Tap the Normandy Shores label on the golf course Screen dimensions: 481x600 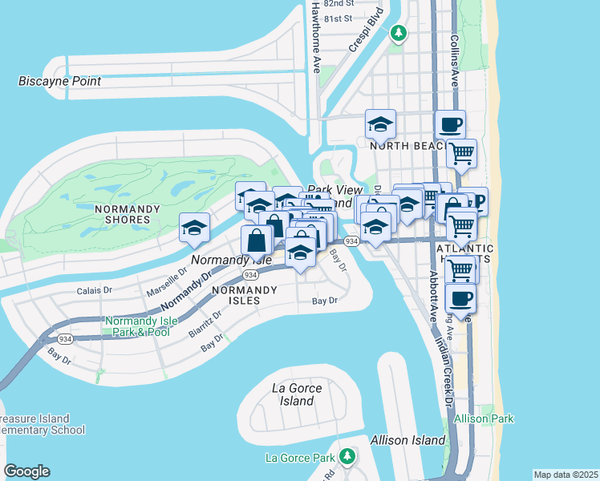point(122,213)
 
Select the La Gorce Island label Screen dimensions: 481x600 point(297,394)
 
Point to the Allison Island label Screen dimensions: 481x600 point(407,440)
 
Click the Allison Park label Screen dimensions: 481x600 point(483,418)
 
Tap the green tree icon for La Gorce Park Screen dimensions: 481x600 point(347,457)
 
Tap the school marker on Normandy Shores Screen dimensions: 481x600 point(194,228)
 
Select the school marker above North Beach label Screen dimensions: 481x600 point(380,124)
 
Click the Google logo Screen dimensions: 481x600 point(26,471)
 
